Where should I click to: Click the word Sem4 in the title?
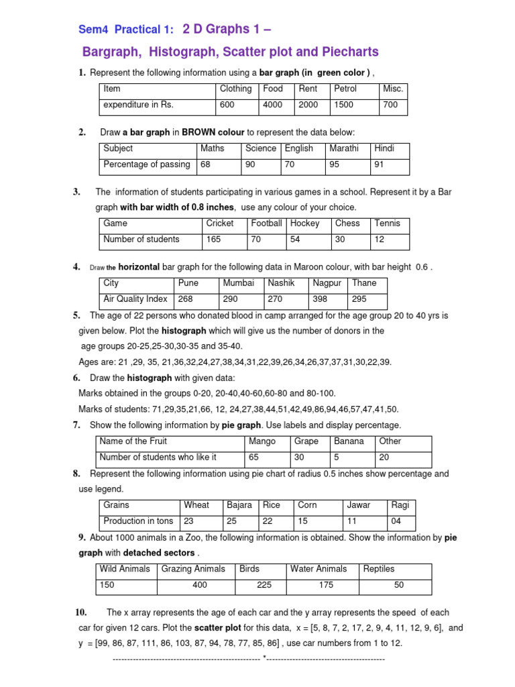[93, 30]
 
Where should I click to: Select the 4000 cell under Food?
[273, 105]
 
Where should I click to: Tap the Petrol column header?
[345, 89]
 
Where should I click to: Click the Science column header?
[260, 148]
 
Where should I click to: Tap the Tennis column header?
[387, 223]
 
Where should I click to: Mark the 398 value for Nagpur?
[321, 299]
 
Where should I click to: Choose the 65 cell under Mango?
[254, 458]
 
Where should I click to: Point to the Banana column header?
[349, 441]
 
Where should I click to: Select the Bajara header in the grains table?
[239, 505]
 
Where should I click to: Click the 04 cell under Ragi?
[397, 521]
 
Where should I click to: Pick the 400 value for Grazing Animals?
[199, 585]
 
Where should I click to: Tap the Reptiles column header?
[379, 569]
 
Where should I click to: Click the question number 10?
[81, 613]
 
